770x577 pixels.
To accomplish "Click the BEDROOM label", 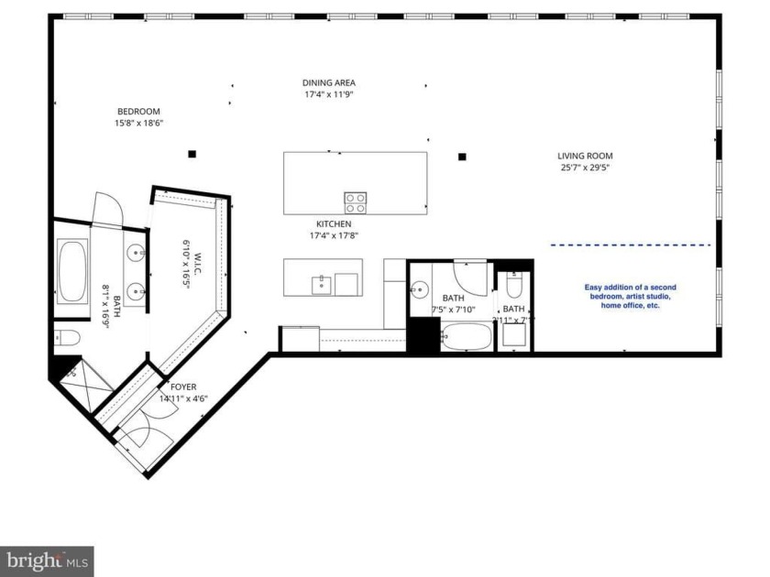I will (x=138, y=111).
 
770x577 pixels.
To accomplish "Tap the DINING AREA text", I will (x=329, y=82).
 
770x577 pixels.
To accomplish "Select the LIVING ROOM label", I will (x=585, y=156).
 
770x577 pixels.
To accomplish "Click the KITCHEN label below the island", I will (x=334, y=223).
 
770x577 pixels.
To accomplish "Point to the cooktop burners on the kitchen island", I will (x=355, y=202).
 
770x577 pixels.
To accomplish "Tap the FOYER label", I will (x=183, y=386).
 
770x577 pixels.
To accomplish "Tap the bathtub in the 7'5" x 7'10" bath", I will (x=467, y=339).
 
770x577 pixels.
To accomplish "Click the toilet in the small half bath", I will (x=513, y=285).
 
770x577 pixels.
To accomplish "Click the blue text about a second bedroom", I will (x=630, y=296).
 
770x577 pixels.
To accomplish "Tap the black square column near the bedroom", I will (x=192, y=154).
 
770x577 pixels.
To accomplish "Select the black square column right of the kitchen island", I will (x=463, y=156).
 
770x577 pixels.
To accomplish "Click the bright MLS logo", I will (x=47, y=560).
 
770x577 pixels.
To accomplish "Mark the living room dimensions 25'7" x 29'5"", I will (x=585, y=168).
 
